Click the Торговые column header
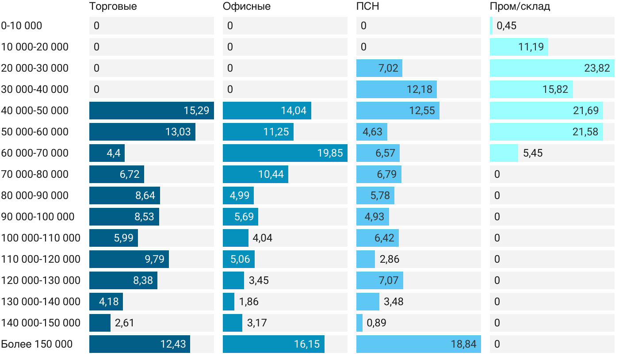pos(113,6)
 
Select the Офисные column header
pos(246,6)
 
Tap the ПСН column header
pos(367,6)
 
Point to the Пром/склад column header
pos(520,6)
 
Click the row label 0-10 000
pos(22,26)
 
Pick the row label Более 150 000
pos(37,344)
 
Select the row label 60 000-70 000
pos(35,153)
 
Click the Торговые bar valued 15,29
pos(151,111)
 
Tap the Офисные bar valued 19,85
pos(285,153)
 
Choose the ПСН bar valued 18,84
pos(418,344)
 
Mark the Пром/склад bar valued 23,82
pos(552,68)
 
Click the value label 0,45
pos(506,26)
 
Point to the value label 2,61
pos(124,323)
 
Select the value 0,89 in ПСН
pos(376,323)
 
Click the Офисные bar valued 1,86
pos(229,302)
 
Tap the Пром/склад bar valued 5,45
pos(504,153)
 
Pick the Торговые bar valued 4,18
pos(106,302)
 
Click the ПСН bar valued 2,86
pos(366,259)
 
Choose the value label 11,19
pos(531,47)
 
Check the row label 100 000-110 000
pos(41,238)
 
